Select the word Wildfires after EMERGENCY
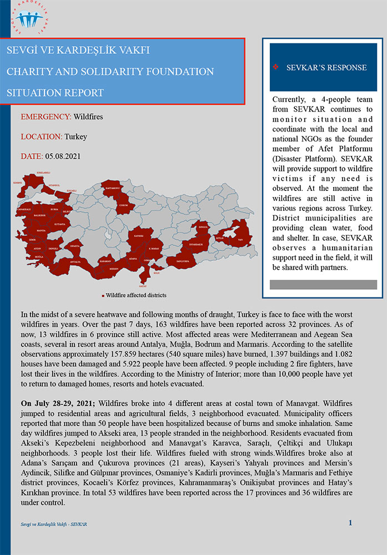point(88,117)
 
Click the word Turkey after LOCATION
point(76,137)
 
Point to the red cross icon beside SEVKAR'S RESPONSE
point(275,67)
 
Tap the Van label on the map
point(239,239)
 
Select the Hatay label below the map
point(143,285)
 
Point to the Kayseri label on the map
point(139,236)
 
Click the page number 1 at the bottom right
point(350,522)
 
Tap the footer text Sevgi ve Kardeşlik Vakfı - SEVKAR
point(53,524)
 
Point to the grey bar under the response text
point(323,284)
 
